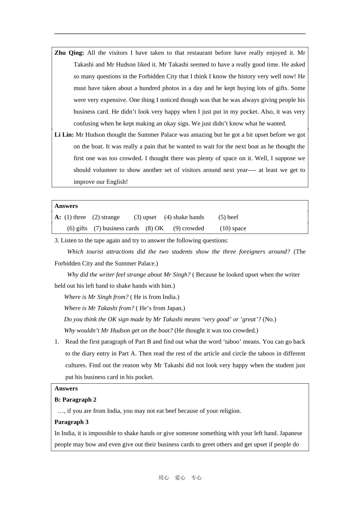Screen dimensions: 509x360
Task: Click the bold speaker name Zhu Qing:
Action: [69, 53]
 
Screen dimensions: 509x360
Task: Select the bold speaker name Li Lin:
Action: [64, 135]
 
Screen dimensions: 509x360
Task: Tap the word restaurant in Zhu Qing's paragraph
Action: [204, 53]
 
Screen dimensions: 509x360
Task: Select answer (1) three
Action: [75, 217]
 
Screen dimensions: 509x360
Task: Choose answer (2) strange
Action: [106, 217]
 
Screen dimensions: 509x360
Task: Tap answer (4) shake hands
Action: [184, 217]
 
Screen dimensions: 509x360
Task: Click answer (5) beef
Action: [228, 217]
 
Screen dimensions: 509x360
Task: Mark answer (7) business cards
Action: [116, 228]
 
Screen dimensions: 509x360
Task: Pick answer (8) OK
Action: [155, 228]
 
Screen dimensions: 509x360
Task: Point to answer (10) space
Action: [233, 228]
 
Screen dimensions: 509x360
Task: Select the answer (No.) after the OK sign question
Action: [269, 319]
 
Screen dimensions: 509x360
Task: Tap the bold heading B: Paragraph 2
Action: [75, 400]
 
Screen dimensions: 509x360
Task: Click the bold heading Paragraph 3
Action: [71, 422]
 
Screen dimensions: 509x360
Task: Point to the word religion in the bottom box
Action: [229, 411]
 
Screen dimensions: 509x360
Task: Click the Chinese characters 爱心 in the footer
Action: [180, 478]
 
